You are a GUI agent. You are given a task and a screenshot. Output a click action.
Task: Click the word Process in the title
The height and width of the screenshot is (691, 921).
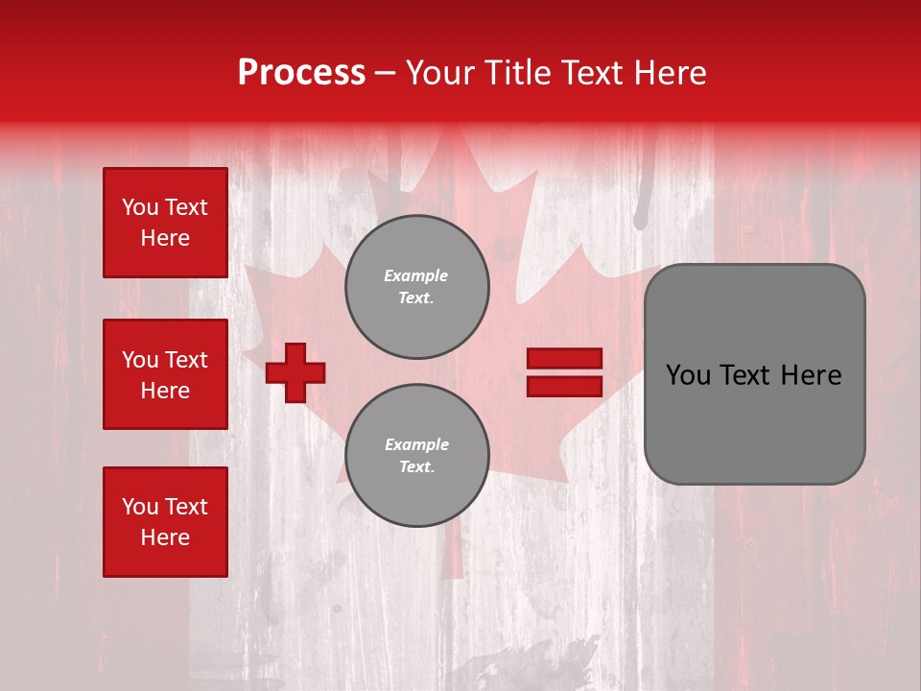(301, 73)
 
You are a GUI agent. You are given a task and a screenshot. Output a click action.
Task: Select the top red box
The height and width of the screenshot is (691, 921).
(165, 223)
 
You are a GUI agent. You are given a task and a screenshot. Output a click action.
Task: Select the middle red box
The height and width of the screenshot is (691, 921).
(165, 374)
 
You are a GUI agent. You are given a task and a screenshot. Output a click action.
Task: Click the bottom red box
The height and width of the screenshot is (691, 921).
(165, 521)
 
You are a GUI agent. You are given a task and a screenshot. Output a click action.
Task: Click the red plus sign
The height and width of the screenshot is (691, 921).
(295, 372)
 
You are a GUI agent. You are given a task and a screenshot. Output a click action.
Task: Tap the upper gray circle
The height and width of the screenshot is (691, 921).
(416, 286)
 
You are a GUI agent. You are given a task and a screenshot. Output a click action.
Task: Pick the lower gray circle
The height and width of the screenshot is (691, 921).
(416, 455)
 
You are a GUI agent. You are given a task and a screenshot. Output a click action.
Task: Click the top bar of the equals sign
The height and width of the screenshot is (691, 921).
(564, 359)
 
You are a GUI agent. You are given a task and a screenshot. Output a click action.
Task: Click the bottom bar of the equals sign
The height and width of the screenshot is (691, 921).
(564, 386)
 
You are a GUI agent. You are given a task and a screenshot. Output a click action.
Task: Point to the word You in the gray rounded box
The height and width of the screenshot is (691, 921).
(688, 375)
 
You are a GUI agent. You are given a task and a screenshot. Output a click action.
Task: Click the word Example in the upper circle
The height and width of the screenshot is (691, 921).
(415, 275)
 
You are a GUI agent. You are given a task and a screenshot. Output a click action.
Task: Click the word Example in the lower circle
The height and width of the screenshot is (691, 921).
(416, 444)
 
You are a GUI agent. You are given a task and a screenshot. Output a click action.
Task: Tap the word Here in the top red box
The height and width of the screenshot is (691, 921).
(165, 238)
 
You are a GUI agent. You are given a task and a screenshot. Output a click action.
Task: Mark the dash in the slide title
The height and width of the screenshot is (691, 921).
(386, 73)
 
